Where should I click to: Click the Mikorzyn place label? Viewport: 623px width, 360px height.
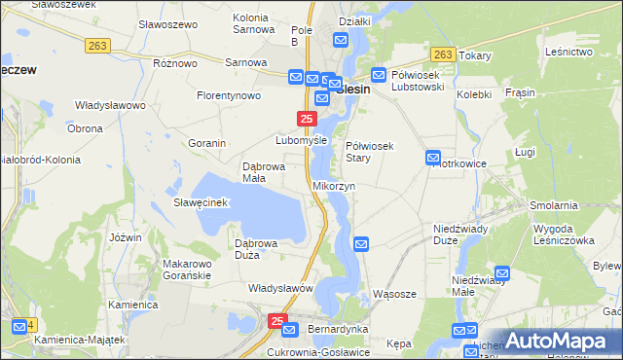click(334, 185)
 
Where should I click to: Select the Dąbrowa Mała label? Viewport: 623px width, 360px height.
click(261, 172)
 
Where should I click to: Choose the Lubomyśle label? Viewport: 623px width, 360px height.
click(301, 140)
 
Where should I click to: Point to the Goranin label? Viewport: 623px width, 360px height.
click(207, 143)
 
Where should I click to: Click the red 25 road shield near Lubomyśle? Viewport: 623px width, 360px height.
click(307, 119)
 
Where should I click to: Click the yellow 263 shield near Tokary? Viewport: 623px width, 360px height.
click(443, 54)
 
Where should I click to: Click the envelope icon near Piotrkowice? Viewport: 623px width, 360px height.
click(433, 158)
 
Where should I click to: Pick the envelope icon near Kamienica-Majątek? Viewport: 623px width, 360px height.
click(18, 326)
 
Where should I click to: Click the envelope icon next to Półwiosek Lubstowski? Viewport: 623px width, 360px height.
click(380, 74)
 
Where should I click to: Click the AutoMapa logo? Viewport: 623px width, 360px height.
click(558, 341)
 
